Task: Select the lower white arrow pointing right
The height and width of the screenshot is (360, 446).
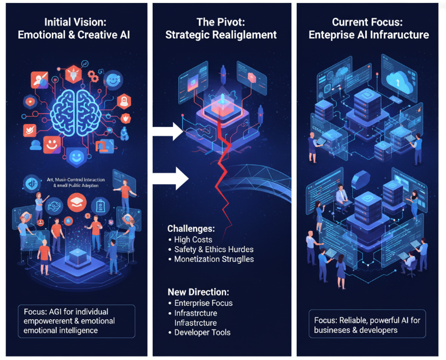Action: (x=171, y=175)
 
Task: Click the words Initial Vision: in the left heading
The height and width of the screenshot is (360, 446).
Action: (x=73, y=22)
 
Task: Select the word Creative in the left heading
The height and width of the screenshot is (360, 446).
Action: (x=94, y=35)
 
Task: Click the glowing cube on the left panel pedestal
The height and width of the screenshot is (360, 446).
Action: (x=75, y=256)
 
